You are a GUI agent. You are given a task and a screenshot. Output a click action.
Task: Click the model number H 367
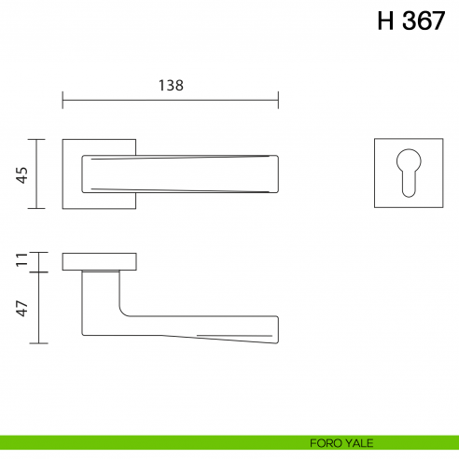(410, 22)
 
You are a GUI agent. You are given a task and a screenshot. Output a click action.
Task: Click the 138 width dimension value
(170, 84)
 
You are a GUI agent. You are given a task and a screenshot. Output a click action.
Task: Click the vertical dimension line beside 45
(37, 174)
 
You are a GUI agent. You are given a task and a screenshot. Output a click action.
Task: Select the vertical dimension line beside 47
(37, 307)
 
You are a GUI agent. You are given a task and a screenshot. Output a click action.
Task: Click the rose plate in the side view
(100, 261)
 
